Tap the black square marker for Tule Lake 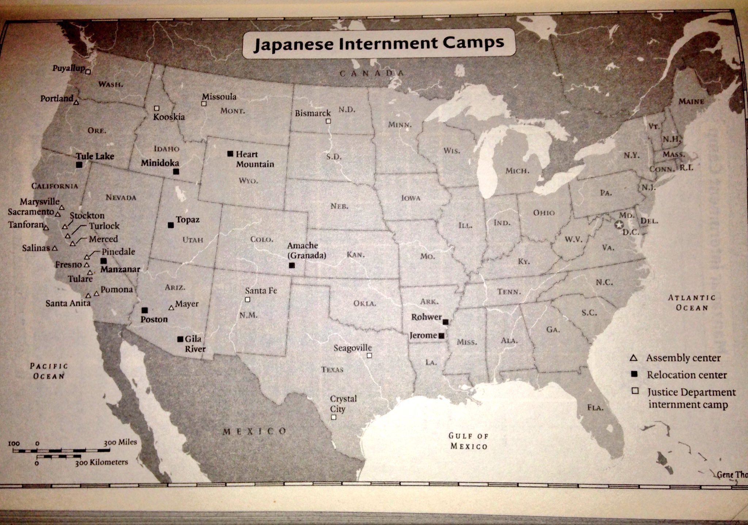(79, 165)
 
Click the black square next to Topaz (171, 225)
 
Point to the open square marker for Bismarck (328, 121)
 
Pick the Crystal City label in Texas (343, 404)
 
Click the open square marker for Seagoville (369, 355)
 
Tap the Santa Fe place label (261, 291)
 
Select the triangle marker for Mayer (171, 308)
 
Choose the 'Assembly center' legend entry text (683, 358)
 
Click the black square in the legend (634, 374)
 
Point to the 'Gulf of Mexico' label (469, 441)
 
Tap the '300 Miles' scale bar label (120, 442)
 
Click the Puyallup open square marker (88, 72)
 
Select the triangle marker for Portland (76, 102)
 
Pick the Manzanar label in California (120, 269)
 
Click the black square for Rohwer (445, 322)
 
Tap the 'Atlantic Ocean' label (691, 303)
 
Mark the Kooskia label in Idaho (169, 117)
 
